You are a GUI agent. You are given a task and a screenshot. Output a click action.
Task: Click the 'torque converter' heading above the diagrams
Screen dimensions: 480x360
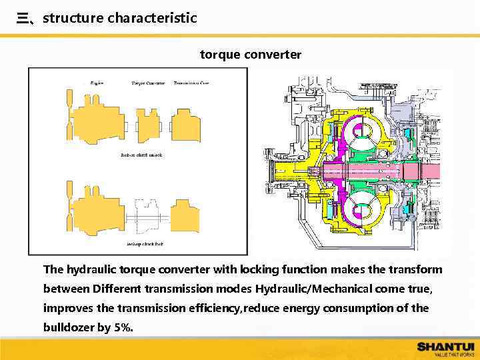pyautogui.click(x=251, y=54)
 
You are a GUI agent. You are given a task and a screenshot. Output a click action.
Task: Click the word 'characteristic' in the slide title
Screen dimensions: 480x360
pyautogui.click(x=152, y=18)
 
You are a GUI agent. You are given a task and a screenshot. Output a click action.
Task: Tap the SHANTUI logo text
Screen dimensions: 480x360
pyautogui.click(x=445, y=346)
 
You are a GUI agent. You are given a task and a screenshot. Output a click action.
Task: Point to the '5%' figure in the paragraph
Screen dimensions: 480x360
pyautogui.click(x=123, y=327)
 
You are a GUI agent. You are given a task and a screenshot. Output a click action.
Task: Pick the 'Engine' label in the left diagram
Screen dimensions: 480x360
pyautogui.click(x=97, y=83)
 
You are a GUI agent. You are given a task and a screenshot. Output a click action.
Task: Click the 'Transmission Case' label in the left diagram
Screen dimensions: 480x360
pyautogui.click(x=191, y=83)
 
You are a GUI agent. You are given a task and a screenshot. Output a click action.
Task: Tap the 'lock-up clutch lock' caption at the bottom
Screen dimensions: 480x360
pyautogui.click(x=145, y=244)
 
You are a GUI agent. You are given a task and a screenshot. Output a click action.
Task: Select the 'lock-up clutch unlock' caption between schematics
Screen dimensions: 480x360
pyautogui.click(x=141, y=155)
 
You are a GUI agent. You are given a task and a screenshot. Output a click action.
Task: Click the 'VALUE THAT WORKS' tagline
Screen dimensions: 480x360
pyautogui.click(x=453, y=355)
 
